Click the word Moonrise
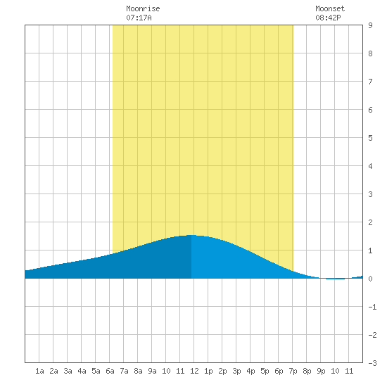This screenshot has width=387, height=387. pos(143,8)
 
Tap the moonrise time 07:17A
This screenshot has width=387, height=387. pos(139,18)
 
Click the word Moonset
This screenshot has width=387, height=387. pos(330,8)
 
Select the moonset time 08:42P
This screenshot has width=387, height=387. pos(328,18)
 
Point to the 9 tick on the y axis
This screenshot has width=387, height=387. pos(370,25)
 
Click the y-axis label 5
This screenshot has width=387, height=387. pos(370,138)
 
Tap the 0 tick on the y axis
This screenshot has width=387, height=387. pos(370,279)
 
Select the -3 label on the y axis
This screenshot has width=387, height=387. pos(372,363)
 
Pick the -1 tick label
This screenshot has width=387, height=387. pos(372,307)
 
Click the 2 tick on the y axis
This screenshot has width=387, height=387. pos(370,222)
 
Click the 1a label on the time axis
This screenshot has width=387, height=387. pos(39,371)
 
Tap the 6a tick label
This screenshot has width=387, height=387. pos(110,371)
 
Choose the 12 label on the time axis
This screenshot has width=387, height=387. pos(194,371)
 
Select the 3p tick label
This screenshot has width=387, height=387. pos(236,371)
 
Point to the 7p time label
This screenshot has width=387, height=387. pos(293,371)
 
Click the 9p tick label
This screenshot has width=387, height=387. pos(321,371)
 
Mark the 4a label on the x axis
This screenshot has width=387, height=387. pos(82,371)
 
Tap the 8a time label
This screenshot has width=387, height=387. pos(138,371)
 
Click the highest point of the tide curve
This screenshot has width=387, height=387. pos(191,235)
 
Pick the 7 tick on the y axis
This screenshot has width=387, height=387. pos(370,82)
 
